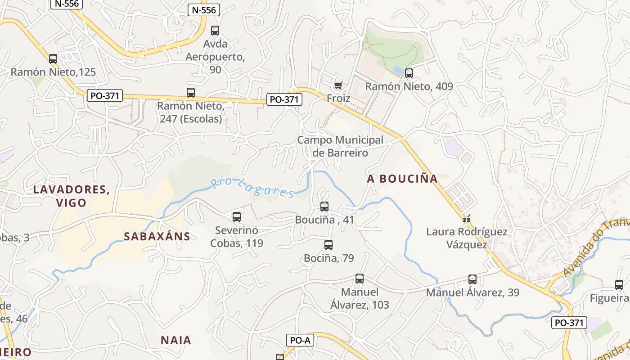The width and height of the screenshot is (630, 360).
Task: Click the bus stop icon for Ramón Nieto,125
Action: (x=53, y=58)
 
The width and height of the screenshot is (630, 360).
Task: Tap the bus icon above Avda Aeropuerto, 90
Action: (x=215, y=31)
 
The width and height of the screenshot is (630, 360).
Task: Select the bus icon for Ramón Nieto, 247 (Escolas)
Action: (x=191, y=93)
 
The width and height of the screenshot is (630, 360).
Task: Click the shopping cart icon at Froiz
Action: (x=338, y=85)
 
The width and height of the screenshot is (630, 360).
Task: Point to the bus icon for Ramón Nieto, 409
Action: (x=409, y=73)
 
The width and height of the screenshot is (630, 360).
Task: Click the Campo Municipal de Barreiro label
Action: (x=340, y=146)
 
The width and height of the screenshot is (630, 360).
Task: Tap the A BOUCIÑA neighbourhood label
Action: (x=402, y=179)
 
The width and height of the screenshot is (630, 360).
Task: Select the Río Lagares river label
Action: (x=253, y=187)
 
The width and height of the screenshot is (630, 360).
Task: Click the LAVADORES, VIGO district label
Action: (x=72, y=196)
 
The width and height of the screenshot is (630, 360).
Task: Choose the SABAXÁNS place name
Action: (x=157, y=236)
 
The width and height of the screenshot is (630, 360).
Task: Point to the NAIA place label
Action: (x=176, y=340)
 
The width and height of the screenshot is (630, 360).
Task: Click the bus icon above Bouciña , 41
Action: (x=324, y=207)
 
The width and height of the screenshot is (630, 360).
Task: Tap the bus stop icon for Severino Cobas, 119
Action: (x=237, y=217)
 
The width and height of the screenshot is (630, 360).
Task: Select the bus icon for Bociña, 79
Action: (x=328, y=245)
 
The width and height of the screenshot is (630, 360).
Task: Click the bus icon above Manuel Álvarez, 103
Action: (x=359, y=279)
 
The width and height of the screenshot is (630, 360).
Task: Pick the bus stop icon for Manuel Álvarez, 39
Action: (x=472, y=279)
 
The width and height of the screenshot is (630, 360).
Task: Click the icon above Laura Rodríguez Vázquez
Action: (x=467, y=219)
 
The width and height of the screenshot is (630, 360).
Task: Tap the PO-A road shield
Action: (x=300, y=341)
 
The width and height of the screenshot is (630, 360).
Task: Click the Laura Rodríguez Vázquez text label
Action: (x=467, y=238)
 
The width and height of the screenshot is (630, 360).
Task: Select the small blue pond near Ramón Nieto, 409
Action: (x=397, y=70)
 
